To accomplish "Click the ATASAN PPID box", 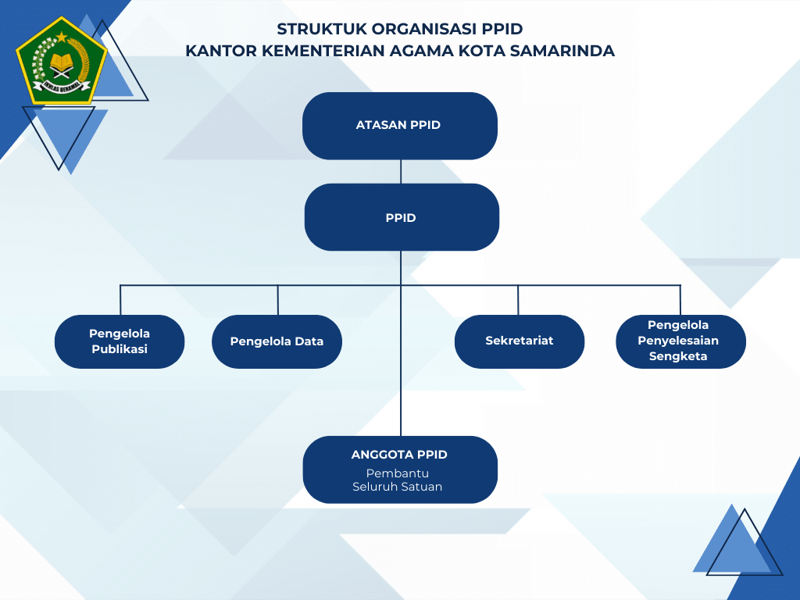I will tap(399, 125).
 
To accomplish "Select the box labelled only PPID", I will tap(401, 217).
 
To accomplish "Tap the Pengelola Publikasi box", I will tap(120, 341).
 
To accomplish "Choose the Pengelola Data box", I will tap(277, 341).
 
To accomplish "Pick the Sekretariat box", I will tap(519, 341).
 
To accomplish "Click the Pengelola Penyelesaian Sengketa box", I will tap(680, 341).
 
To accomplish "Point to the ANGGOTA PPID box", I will tap(400, 469).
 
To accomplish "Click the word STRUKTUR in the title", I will tap(321, 30).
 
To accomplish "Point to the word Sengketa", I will tap(677, 356).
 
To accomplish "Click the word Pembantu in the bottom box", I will tap(398, 473).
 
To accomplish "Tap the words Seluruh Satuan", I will tap(397, 487).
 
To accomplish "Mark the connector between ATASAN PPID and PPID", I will tap(401, 171).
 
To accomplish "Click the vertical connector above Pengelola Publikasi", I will tap(120, 300).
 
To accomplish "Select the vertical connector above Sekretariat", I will tap(518, 300).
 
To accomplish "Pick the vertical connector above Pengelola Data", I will tap(277, 300).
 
